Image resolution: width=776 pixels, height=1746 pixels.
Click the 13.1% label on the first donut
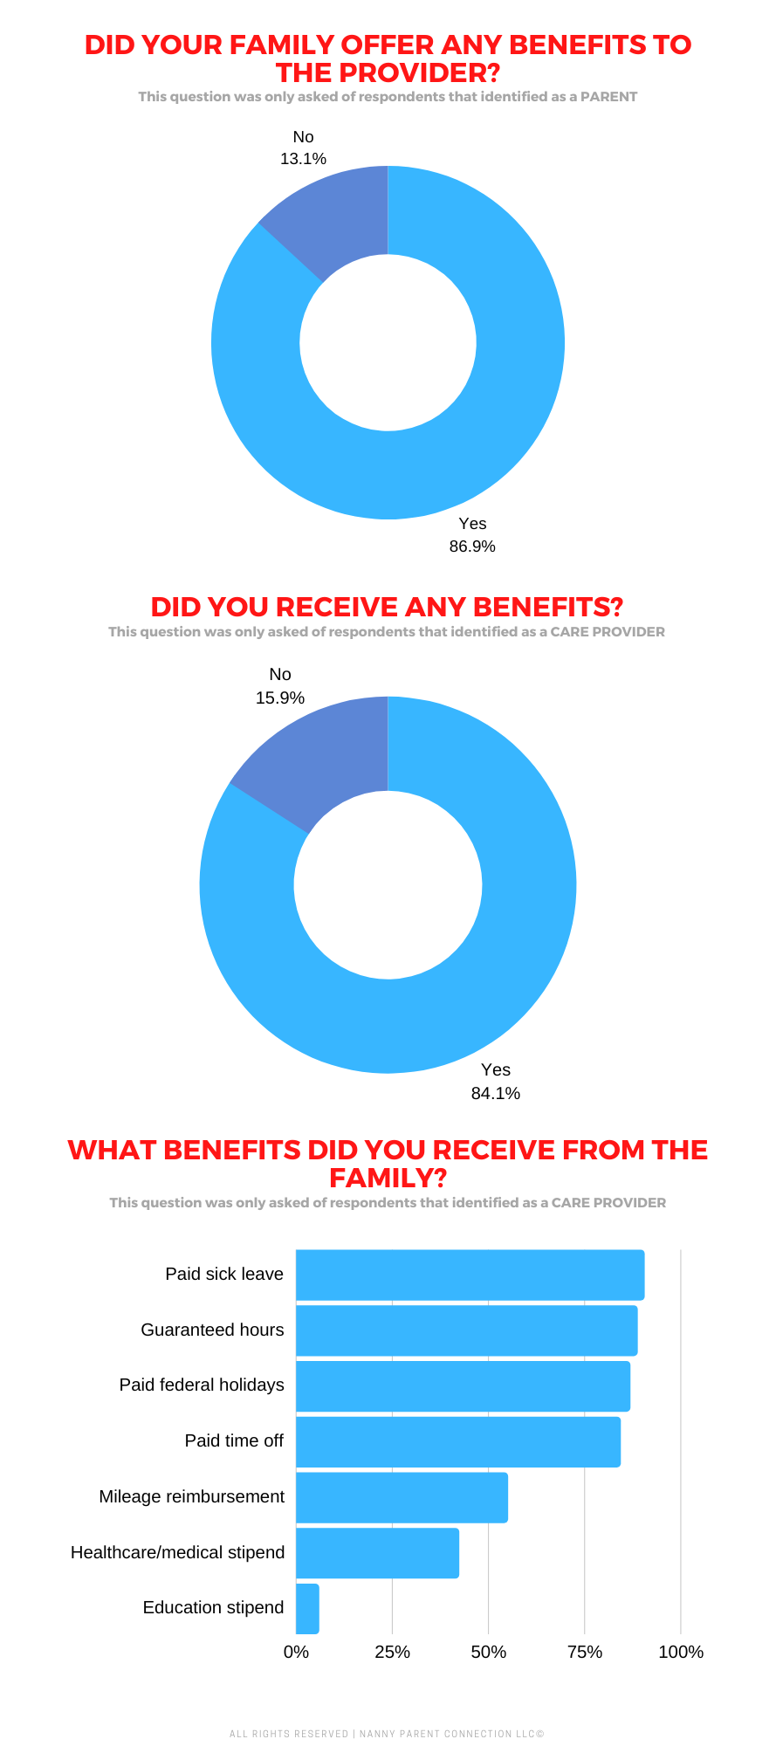coord(303,159)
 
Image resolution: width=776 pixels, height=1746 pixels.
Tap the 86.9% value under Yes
coord(472,546)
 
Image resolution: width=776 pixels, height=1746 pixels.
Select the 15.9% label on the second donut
coord(280,698)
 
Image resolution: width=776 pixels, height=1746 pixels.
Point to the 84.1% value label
coord(495,1093)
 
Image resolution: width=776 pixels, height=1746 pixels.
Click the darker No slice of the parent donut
coord(336,219)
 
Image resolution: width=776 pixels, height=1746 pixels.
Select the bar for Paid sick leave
coord(470,1275)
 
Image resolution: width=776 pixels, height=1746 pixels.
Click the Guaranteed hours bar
coord(466,1330)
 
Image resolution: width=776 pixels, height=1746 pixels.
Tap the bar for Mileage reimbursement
coord(402,1497)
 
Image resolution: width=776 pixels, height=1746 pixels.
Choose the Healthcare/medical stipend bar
coord(377,1553)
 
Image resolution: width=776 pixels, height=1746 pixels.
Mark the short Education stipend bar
coord(307,1608)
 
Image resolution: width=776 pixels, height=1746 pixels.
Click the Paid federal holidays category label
coord(202,1385)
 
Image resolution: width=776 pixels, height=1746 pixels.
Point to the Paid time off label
coord(234,1440)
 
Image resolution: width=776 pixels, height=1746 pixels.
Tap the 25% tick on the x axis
coord(392,1652)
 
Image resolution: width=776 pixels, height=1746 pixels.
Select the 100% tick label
coord(680,1652)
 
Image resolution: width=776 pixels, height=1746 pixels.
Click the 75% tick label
coord(584,1652)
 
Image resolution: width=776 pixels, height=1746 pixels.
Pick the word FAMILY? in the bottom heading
coord(388,1179)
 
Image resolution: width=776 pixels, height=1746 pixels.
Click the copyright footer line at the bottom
coord(387,1734)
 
